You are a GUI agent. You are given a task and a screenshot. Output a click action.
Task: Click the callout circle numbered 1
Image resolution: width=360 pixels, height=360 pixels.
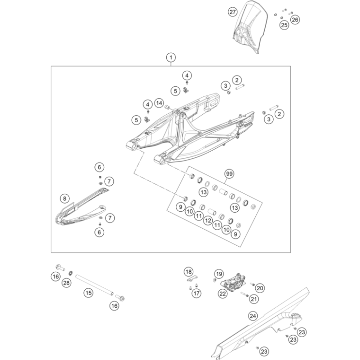tap(170, 58)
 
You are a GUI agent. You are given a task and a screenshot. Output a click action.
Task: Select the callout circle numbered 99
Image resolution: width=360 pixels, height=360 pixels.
tap(229, 174)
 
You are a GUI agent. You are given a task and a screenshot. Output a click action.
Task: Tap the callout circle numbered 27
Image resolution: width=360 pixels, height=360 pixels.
tap(233, 12)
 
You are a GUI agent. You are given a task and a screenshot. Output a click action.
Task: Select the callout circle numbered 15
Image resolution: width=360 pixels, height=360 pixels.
tap(88, 293)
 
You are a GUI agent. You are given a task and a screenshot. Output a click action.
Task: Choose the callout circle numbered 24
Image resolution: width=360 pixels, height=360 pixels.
tap(252, 316)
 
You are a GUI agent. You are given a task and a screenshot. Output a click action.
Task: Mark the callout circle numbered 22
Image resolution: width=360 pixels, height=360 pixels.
tap(222, 293)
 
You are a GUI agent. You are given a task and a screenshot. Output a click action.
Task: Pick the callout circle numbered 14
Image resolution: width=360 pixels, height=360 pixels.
tap(159, 103)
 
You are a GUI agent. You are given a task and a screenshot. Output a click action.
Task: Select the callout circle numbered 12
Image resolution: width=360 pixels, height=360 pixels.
tap(208, 221)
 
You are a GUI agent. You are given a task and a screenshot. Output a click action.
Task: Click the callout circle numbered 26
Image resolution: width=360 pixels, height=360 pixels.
tap(295, 19)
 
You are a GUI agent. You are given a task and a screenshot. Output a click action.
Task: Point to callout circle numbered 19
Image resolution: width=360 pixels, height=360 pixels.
tap(219, 274)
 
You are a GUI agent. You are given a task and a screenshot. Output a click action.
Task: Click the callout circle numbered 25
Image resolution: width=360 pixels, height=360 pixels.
tap(284, 24)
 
